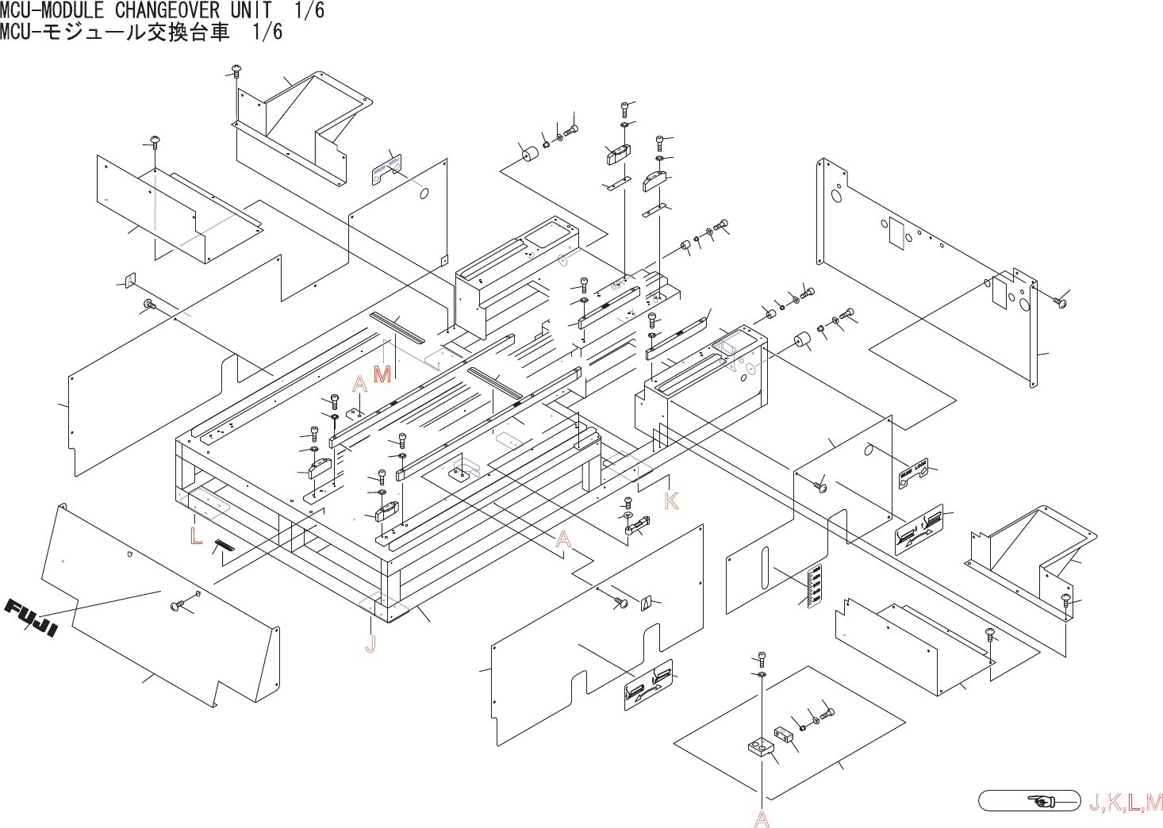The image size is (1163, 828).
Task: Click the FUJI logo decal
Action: coord(32,618)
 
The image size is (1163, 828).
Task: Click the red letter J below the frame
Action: coord(370,644)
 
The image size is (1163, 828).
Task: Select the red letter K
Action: coord(671,500)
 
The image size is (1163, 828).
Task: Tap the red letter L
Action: coord(196,535)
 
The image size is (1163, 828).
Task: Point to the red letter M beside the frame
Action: coord(382,374)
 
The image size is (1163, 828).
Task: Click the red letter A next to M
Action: coord(360,385)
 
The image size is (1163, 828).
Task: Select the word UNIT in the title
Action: coord(251,10)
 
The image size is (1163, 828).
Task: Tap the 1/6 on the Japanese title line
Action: coord(267,32)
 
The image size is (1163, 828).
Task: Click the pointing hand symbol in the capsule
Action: coord(1042,801)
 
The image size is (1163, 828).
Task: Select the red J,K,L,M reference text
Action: coord(1125,802)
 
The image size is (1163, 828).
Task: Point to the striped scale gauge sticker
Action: coord(815,587)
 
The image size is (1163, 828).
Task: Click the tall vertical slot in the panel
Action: coord(764,568)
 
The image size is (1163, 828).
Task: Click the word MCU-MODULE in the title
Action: coord(52,10)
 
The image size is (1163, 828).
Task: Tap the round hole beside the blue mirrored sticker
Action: coord(424,193)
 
